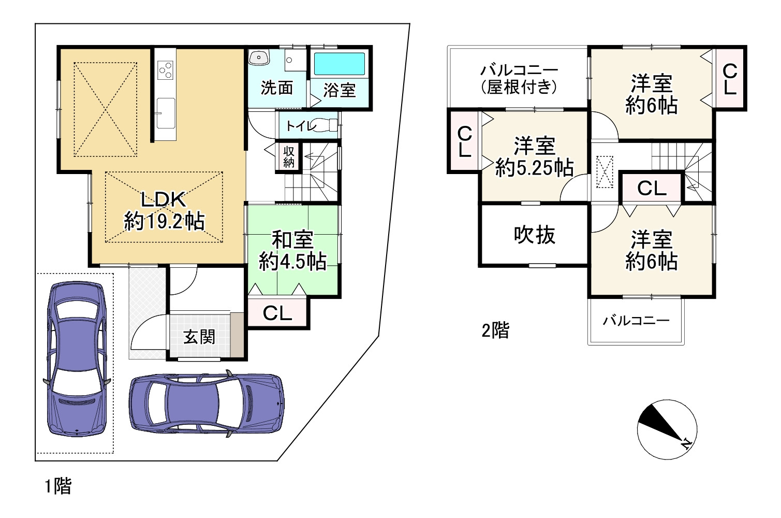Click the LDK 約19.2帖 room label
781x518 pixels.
click(x=164, y=210)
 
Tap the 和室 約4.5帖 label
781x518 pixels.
click(x=292, y=251)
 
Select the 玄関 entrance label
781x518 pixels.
click(x=199, y=337)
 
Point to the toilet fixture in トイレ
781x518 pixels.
click(x=326, y=125)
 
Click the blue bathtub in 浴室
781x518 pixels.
click(x=340, y=64)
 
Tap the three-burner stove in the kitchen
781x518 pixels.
click(x=166, y=70)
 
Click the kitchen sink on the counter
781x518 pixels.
click(x=166, y=112)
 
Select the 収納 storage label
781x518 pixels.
click(x=288, y=156)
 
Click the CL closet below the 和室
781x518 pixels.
click(x=277, y=312)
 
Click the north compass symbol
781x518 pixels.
click(x=667, y=430)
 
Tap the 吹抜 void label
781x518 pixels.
click(x=535, y=235)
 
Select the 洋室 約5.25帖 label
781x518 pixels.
click(x=534, y=157)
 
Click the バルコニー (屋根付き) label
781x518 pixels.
click(x=519, y=79)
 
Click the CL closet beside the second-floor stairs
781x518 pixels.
click(x=652, y=188)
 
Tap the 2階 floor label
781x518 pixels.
click(x=495, y=330)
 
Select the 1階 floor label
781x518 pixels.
click(x=57, y=486)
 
